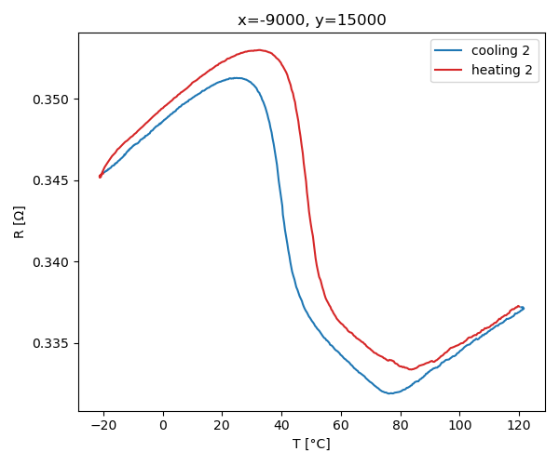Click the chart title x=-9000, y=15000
(x=311, y=20)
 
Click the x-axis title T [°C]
(x=311, y=444)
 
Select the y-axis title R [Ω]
(x=20, y=222)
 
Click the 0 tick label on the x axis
(x=163, y=425)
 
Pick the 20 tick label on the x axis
(x=223, y=425)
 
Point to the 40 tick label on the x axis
(x=281, y=425)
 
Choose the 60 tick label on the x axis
(x=341, y=425)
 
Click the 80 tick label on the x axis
(x=401, y=425)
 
